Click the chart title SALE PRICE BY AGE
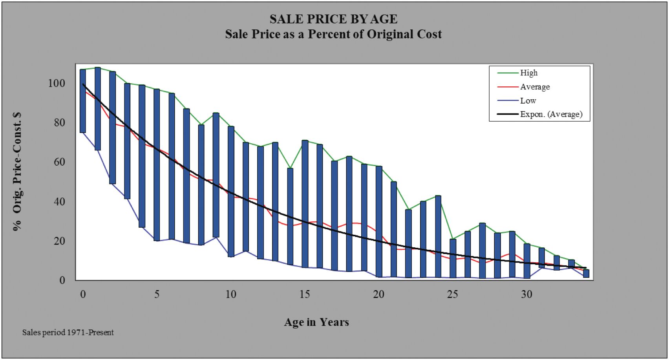click(333, 19)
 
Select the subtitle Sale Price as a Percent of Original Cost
click(333, 34)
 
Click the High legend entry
click(528, 73)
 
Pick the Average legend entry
click(535, 87)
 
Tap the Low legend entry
click(528, 101)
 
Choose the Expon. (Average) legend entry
click(551, 114)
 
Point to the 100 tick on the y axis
click(57, 83)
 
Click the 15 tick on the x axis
click(305, 294)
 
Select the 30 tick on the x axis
click(526, 294)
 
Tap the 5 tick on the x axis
click(157, 294)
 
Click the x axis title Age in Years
click(316, 322)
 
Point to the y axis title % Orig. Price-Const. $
click(17, 172)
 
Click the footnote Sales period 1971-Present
click(68, 333)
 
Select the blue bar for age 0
click(83, 101)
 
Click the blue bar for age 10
click(231, 192)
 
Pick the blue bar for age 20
click(379, 222)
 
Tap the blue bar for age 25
click(453, 258)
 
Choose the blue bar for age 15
click(305, 204)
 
